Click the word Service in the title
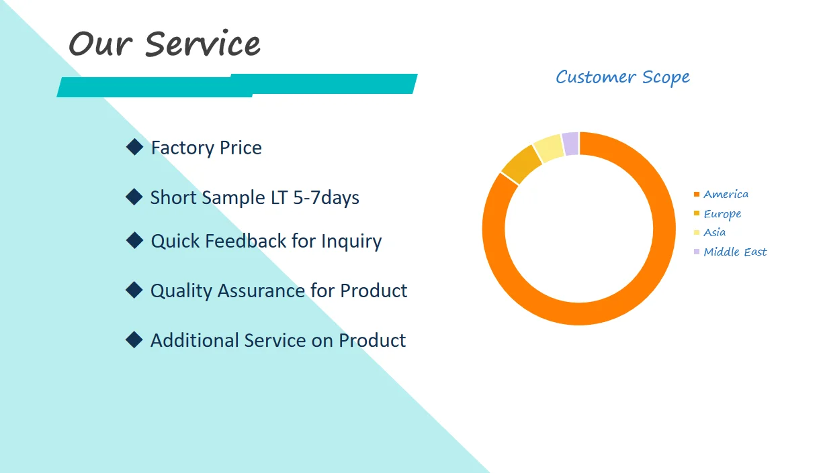tap(203, 44)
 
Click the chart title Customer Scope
tap(623, 77)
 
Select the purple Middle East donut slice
tap(570, 144)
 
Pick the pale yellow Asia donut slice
tap(548, 148)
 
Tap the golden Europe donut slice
tap(521, 164)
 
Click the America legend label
tap(726, 195)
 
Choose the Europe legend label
tap(722, 214)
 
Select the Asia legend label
tap(714, 233)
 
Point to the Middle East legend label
tap(735, 252)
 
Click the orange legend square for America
tap(697, 195)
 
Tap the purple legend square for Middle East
tap(697, 252)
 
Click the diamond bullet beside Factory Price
tap(134, 147)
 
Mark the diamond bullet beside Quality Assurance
tap(134, 290)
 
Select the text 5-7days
tap(326, 198)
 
